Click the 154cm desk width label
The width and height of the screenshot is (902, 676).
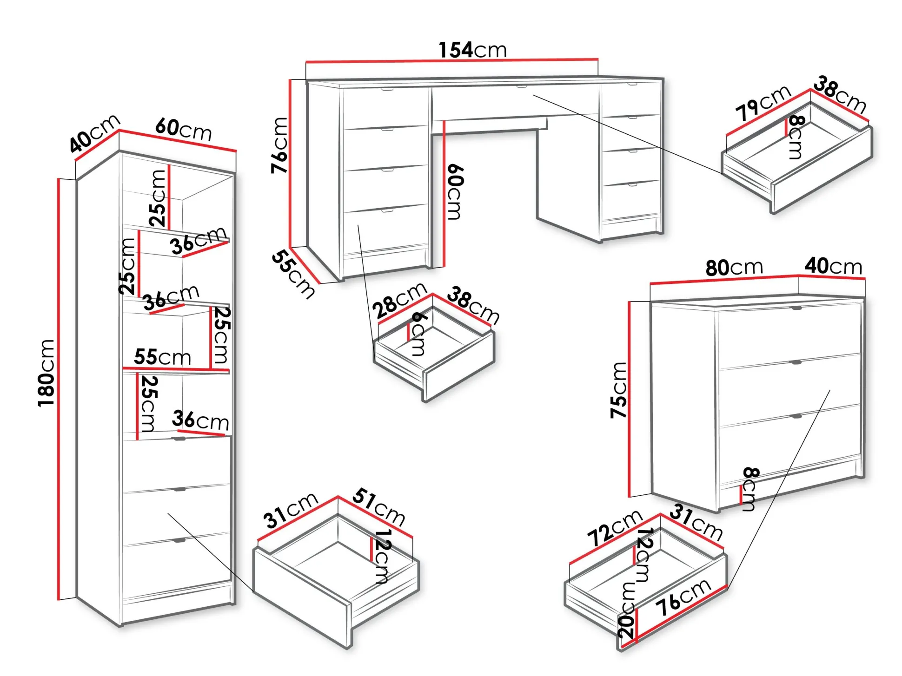point(472,50)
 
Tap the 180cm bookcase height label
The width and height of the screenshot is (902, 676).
point(46,373)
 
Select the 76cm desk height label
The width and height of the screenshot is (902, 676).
point(280,145)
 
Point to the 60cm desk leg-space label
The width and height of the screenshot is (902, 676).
point(454,191)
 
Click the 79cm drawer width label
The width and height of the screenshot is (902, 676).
point(763,103)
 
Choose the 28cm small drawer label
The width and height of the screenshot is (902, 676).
point(399,300)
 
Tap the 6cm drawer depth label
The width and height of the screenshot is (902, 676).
point(418,334)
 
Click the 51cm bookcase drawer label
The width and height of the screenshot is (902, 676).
point(378,506)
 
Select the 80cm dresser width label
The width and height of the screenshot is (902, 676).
point(734,268)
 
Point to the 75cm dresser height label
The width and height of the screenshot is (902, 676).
point(619,390)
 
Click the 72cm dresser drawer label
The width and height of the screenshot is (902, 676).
point(615,528)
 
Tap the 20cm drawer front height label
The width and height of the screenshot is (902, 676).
point(626,610)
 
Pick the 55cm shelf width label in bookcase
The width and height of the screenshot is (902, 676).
point(163,357)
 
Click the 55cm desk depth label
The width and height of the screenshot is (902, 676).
point(293,274)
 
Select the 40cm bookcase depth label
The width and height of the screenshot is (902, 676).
point(94,134)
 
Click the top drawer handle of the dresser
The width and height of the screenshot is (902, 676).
point(796,308)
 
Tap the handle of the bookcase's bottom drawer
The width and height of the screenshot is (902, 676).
point(179,540)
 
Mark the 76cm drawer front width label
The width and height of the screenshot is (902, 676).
point(683,597)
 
